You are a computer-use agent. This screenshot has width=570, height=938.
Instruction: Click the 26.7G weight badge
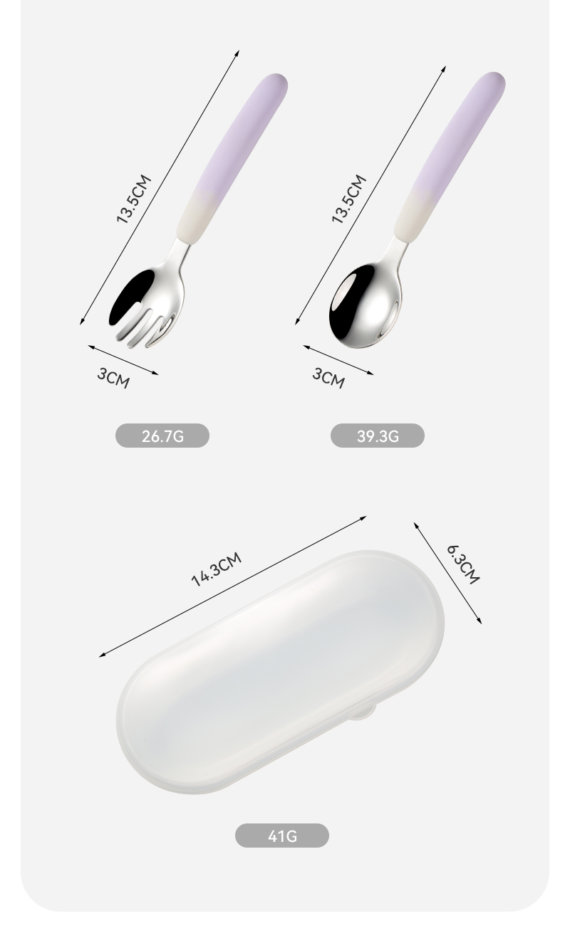tap(162, 436)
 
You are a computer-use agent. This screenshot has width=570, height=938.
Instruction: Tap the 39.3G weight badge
tap(377, 436)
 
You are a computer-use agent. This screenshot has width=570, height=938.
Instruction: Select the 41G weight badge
tap(282, 836)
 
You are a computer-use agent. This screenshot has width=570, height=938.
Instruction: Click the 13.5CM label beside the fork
tap(133, 199)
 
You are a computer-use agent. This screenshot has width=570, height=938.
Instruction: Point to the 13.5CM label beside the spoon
tap(348, 199)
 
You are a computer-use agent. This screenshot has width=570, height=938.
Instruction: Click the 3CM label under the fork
tap(113, 378)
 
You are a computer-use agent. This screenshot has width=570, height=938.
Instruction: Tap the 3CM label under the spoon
tap(328, 378)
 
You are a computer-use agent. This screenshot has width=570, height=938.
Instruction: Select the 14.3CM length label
tap(217, 569)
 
